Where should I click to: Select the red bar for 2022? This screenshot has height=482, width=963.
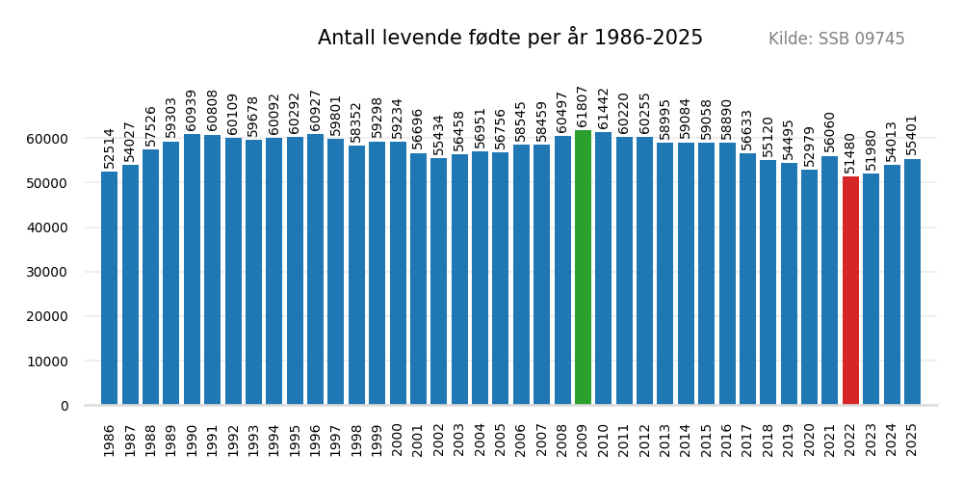click(850, 290)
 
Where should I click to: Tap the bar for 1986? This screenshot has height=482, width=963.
click(109, 288)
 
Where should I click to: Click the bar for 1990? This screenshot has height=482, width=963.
click(192, 270)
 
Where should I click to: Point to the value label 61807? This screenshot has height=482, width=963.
click(583, 106)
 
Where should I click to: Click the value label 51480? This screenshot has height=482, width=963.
click(850, 152)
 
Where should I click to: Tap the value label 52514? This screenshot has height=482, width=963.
click(109, 147)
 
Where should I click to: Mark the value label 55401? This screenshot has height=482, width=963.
click(912, 135)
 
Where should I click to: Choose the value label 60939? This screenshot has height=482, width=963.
click(192, 110)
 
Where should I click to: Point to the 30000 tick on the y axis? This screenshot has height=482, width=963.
click(51, 272)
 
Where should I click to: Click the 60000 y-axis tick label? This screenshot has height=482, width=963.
click(51, 139)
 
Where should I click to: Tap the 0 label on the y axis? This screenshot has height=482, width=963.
click(65, 406)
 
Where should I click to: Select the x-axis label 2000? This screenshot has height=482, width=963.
click(398, 440)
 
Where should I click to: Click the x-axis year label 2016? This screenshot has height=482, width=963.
click(727, 440)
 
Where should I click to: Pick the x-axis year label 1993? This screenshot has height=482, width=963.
click(253, 440)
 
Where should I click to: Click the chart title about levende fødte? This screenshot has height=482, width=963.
click(510, 39)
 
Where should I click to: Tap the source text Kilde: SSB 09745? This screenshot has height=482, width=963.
click(836, 40)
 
